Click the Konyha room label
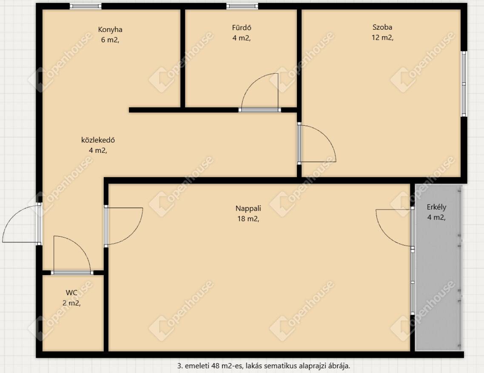click(x=110, y=30)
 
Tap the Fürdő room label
click(x=242, y=28)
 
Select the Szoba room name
click(x=382, y=27)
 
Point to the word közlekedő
click(x=98, y=140)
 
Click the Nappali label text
click(x=248, y=208)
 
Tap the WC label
click(x=71, y=293)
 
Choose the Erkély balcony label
click(x=436, y=207)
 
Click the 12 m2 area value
click(x=382, y=38)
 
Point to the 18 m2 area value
click(x=248, y=219)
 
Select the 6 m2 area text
click(x=110, y=40)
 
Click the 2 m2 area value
click(x=71, y=303)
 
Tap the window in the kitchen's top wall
click(x=85, y=6)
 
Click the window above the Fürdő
click(x=242, y=6)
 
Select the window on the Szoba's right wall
click(x=464, y=84)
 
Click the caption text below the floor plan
click(x=264, y=366)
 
